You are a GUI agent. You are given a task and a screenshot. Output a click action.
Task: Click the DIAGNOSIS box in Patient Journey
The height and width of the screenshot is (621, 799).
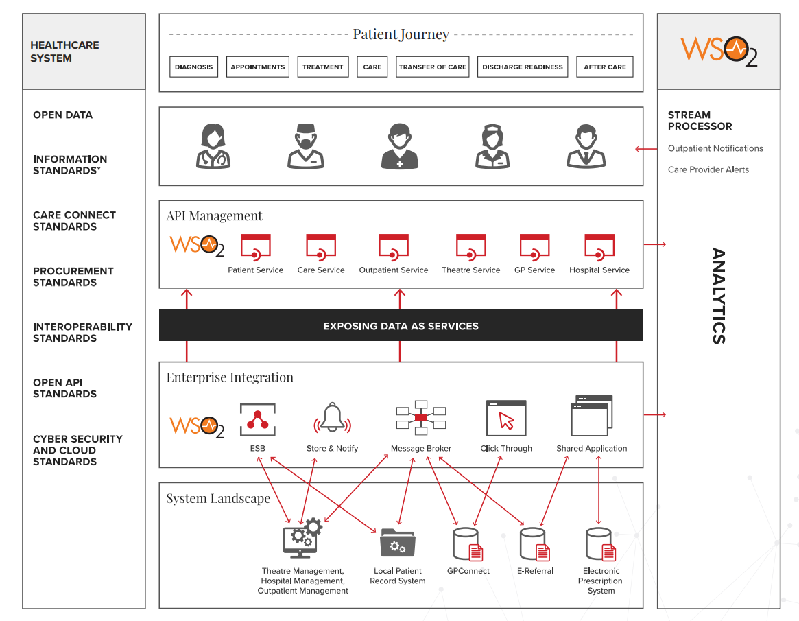194,67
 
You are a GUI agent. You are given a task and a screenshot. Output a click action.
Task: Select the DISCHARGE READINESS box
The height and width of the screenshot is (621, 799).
522,67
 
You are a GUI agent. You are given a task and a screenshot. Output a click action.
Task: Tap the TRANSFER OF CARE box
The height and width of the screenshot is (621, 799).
432,67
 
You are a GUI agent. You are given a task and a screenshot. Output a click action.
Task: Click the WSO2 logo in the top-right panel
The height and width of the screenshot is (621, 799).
718,51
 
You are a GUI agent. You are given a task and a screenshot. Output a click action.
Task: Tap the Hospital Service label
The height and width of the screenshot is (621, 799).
599,270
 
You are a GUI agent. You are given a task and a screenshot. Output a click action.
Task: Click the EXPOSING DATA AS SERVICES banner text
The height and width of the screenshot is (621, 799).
401,326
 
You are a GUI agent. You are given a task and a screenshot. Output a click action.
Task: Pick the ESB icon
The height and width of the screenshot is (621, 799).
258,420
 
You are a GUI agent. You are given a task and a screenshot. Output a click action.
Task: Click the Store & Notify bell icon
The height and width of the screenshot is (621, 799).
332,419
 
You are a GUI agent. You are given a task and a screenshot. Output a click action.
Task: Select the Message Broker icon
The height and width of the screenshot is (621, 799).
420,418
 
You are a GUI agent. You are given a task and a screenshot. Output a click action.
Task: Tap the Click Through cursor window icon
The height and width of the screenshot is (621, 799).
506,419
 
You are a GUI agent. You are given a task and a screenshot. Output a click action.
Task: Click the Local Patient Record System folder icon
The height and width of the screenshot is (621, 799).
398,543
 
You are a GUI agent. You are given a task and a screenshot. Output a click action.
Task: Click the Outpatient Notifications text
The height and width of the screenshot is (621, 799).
715,148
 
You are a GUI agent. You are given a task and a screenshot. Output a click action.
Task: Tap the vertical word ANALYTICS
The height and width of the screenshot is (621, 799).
718,296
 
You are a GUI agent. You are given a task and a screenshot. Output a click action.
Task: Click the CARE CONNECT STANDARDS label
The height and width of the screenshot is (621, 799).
74,221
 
